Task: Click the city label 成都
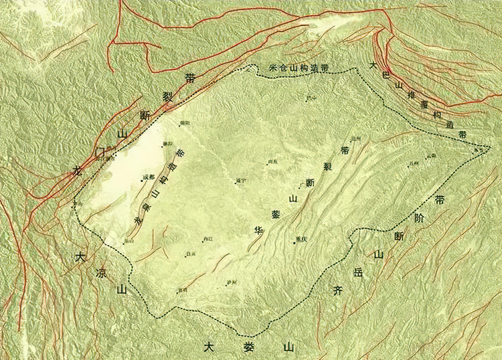(149, 177)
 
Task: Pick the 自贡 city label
(191, 254)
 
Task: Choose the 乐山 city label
(130, 241)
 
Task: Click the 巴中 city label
(311, 98)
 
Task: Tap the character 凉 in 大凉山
(101, 273)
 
